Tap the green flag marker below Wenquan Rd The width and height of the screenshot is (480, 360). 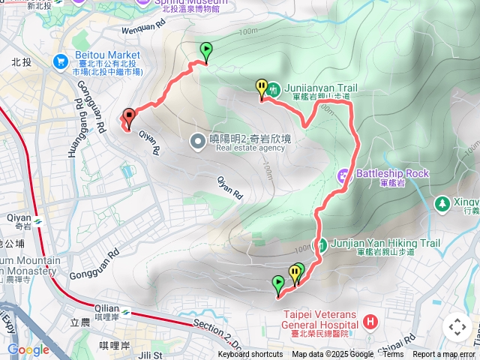pyautogui.click(x=205, y=50)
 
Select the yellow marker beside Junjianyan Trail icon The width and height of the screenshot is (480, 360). pyautogui.click(x=261, y=88)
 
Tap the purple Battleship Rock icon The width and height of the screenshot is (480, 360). pyautogui.click(x=343, y=176)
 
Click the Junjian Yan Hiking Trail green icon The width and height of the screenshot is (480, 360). pyautogui.click(x=320, y=245)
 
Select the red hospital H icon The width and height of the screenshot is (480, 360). pyautogui.click(x=369, y=322)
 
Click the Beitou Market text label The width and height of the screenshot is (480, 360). pyautogui.click(x=107, y=55)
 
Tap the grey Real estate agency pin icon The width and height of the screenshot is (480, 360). pyautogui.click(x=197, y=141)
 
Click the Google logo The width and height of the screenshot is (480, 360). pyautogui.click(x=28, y=350)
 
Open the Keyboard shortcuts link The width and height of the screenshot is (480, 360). pyautogui.click(x=250, y=355)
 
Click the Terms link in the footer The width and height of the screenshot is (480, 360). pyautogui.click(x=393, y=355)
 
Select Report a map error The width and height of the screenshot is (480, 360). pyautogui.click(x=445, y=355)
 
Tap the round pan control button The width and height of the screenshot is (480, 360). pyautogui.click(x=457, y=327)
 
